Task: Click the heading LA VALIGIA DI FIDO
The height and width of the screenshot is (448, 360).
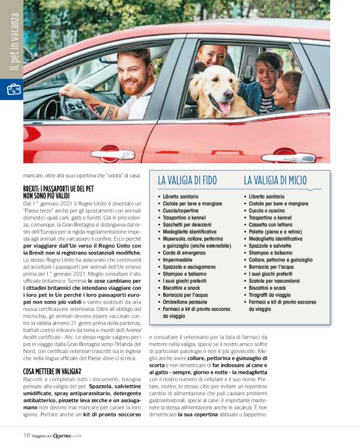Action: pyautogui.click(x=187, y=181)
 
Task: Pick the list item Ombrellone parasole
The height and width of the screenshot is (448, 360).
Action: pyautogui.click(x=187, y=302)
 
